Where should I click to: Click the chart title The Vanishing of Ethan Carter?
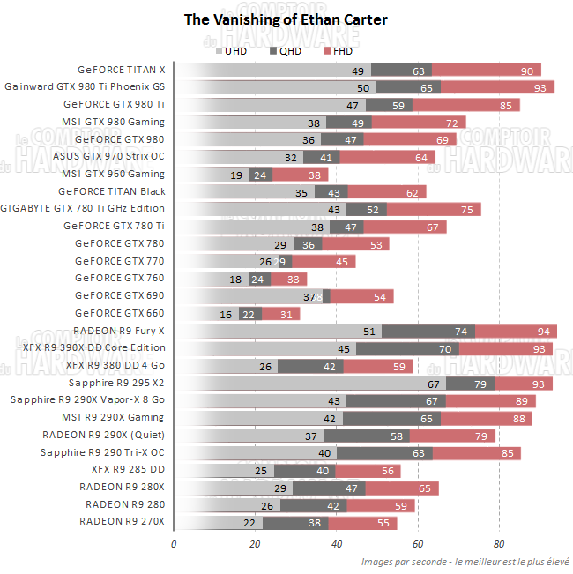tap(285, 19)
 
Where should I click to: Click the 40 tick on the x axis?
tap(336, 544)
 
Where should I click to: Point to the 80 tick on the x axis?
tap(499, 544)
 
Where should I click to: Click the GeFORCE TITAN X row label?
tap(121, 70)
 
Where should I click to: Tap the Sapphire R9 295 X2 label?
tap(116, 383)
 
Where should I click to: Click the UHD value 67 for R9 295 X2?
tap(434, 384)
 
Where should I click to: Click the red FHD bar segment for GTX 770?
tap(324, 261)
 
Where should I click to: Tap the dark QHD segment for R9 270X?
tap(295, 523)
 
